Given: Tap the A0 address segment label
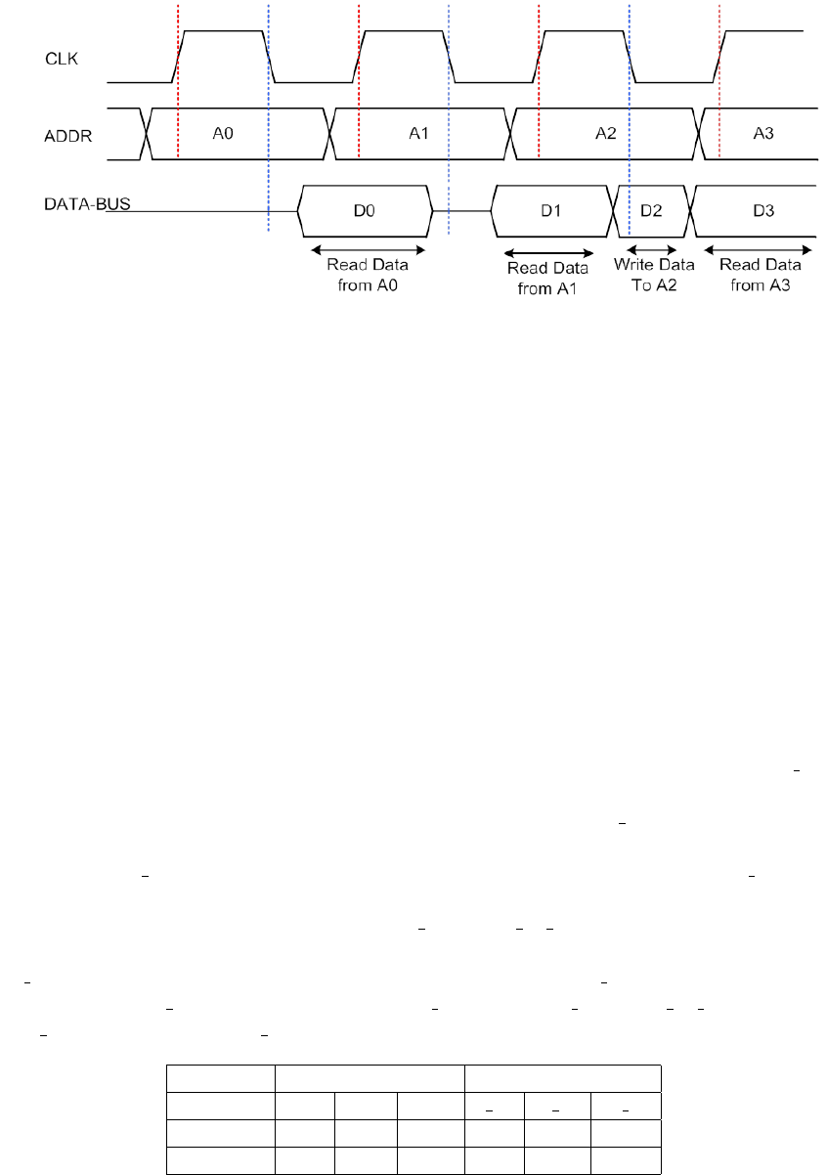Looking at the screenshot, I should click(x=224, y=133).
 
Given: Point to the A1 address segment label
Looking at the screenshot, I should click(x=419, y=133).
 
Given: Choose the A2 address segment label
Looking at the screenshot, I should click(x=606, y=133).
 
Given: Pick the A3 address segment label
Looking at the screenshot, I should click(x=764, y=133).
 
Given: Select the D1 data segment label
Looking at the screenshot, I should click(x=551, y=210).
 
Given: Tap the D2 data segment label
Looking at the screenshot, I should click(x=651, y=210).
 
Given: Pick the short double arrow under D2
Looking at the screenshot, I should click(x=651, y=248).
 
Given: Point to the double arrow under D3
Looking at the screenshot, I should click(x=755, y=248).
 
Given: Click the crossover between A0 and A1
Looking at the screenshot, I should click(x=329, y=133).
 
